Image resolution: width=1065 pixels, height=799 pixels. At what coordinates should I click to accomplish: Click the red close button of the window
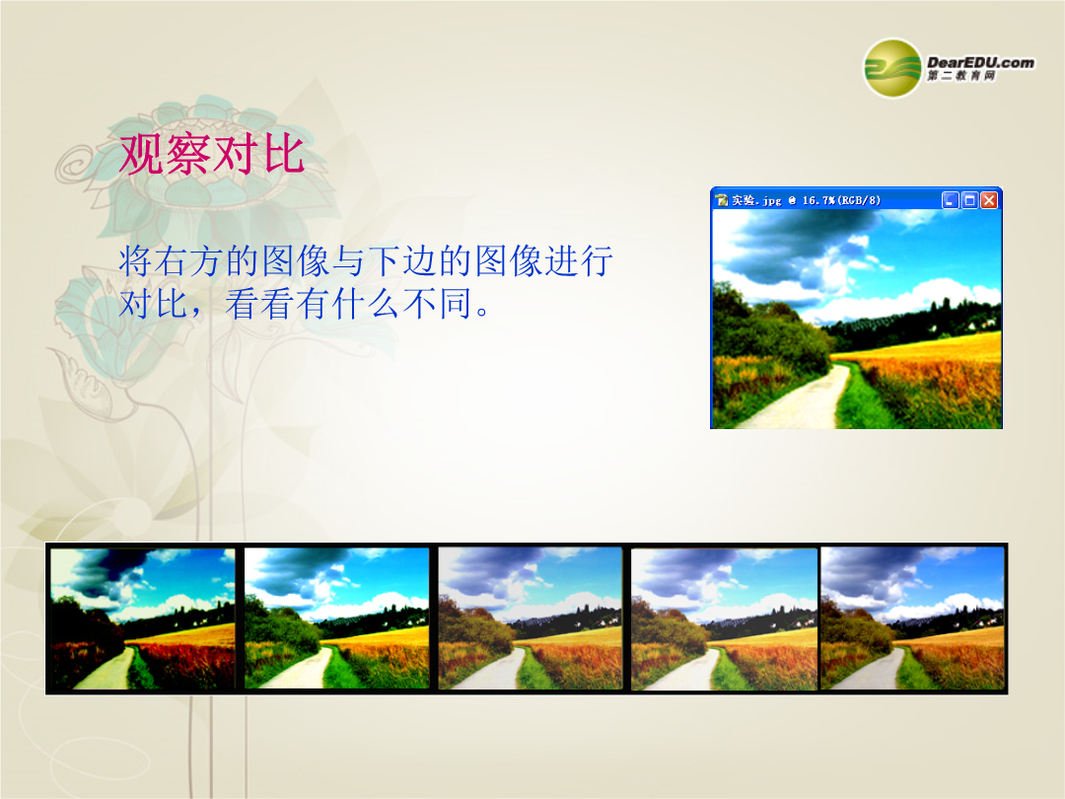tap(989, 199)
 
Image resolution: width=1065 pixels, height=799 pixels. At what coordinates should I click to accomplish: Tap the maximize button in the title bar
tap(970, 199)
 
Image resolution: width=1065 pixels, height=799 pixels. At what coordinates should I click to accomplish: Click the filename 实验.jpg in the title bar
tap(756, 200)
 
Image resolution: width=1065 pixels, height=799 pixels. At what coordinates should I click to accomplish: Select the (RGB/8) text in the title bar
tap(859, 200)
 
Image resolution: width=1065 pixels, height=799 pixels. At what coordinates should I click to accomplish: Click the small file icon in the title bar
tap(722, 200)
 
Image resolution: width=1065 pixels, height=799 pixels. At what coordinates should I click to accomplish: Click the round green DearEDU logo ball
tap(892, 69)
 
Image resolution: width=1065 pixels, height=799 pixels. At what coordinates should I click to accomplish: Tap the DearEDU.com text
tap(980, 62)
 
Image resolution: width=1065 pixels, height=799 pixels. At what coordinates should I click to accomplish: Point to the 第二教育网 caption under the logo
tap(961, 75)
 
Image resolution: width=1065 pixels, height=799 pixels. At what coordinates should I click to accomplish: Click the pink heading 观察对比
tap(212, 154)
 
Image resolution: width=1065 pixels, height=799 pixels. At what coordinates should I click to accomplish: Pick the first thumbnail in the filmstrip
tap(143, 618)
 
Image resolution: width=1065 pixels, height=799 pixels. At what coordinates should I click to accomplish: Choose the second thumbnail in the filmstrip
tap(337, 618)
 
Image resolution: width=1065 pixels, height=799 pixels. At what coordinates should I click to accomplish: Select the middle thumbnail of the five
tap(530, 618)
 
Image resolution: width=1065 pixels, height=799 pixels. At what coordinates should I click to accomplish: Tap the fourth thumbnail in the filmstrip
tap(724, 618)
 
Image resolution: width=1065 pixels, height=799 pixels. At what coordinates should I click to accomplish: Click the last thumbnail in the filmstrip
tap(912, 618)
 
